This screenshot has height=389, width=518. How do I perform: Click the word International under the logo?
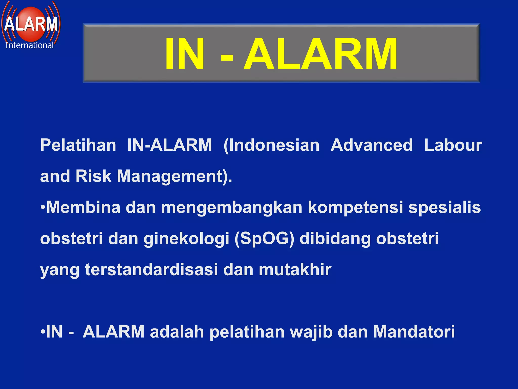pyautogui.click(x=29, y=45)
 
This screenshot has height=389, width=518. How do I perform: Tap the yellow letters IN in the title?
pyautogui.click(x=184, y=54)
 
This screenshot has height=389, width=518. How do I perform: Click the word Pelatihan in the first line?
pyautogui.click(x=78, y=145)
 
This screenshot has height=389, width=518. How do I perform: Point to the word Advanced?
pyautogui.click(x=372, y=145)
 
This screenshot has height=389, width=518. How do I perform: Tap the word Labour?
pyautogui.click(x=453, y=145)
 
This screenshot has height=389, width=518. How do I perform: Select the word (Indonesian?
pyautogui.click(x=271, y=145)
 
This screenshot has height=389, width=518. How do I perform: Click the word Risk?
pyautogui.click(x=93, y=176)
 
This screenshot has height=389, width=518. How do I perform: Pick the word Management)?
pyautogui.click(x=175, y=177)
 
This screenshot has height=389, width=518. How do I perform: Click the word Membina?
pyautogui.click(x=83, y=207)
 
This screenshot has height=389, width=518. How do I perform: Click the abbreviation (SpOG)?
pyautogui.click(x=264, y=239)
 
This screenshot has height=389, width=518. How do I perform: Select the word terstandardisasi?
pyautogui.click(x=152, y=269)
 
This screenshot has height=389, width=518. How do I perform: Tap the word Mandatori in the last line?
pyautogui.click(x=414, y=332)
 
